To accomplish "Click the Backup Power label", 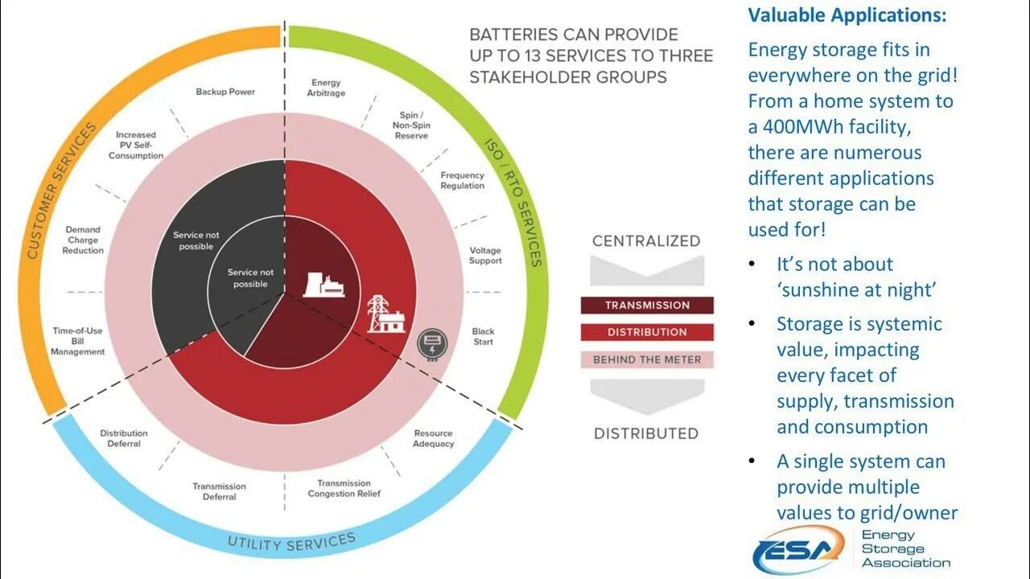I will click(x=225, y=92).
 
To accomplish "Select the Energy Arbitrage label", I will click(x=325, y=88).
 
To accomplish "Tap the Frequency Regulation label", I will click(x=462, y=180).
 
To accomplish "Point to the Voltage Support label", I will click(x=485, y=256).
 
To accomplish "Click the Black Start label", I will click(x=483, y=336).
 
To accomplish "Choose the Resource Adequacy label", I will click(x=434, y=438).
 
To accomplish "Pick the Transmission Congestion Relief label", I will click(x=344, y=488).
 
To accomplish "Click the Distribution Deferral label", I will click(x=124, y=438).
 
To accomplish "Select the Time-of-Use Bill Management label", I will click(x=78, y=341).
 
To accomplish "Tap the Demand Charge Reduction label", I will click(x=83, y=240).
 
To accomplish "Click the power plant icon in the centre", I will click(x=323, y=285).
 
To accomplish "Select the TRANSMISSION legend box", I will click(x=647, y=306).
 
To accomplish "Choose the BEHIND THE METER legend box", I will click(x=647, y=359).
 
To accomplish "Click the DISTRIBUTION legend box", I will click(x=647, y=332).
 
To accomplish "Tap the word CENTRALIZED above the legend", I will click(x=646, y=240).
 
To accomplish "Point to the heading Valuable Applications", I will click(x=847, y=15).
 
